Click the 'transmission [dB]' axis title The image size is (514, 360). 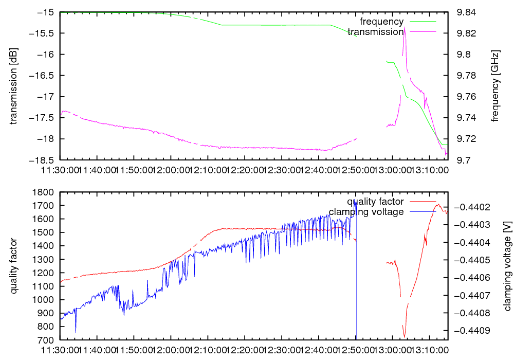(x=13, y=86)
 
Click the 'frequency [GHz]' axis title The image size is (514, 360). (x=495, y=86)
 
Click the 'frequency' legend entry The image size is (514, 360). (x=382, y=22)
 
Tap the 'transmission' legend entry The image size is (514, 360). (x=376, y=32)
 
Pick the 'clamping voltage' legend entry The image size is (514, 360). (x=366, y=212)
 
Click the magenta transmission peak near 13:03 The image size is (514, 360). (x=405, y=28)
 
